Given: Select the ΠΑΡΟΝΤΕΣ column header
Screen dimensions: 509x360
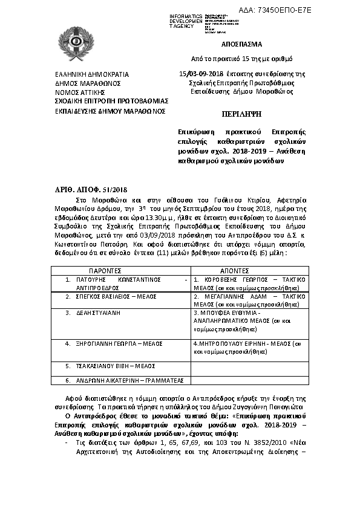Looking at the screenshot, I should pyautogui.click(x=106, y=272).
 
